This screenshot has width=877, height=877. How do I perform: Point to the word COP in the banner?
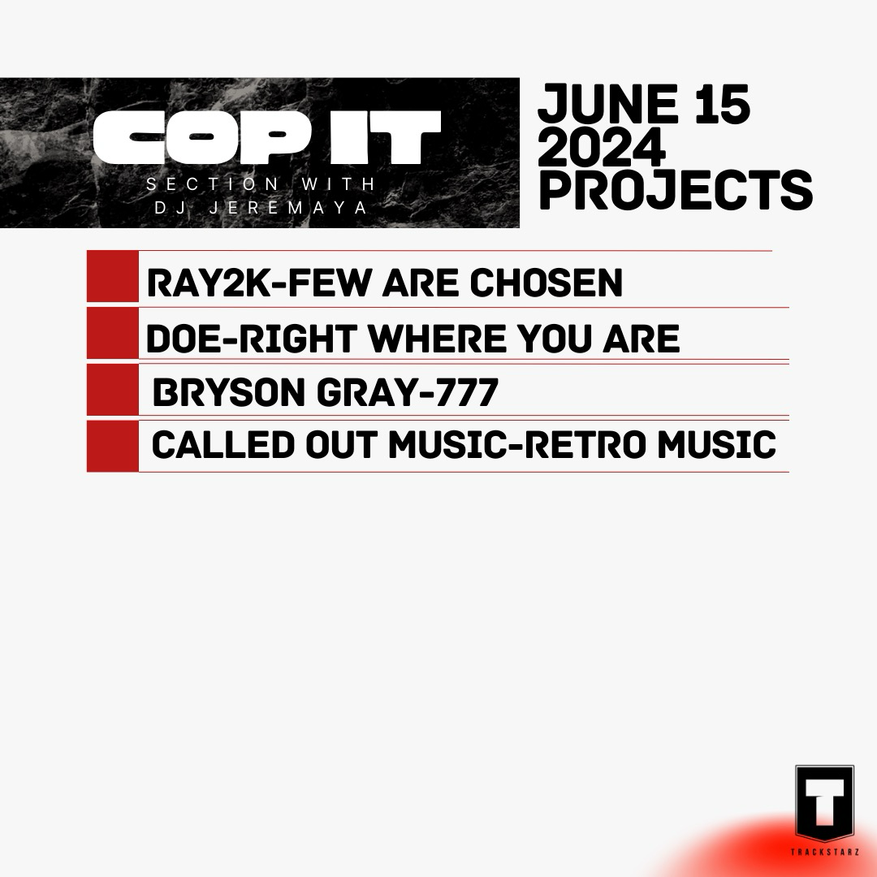coord(202,137)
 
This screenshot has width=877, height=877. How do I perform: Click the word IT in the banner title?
coord(386,137)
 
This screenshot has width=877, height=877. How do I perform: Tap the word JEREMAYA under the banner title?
coord(288,208)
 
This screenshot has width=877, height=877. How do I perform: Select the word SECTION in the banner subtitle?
coord(213,184)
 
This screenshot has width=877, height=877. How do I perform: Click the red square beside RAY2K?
coord(112,276)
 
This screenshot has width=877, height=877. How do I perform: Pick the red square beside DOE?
coord(112,334)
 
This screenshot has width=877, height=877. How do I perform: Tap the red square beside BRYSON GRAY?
coord(112,390)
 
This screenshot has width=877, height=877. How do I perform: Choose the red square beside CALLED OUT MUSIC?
coord(112,447)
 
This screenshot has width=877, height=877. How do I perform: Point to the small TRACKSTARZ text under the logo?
coord(825,852)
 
